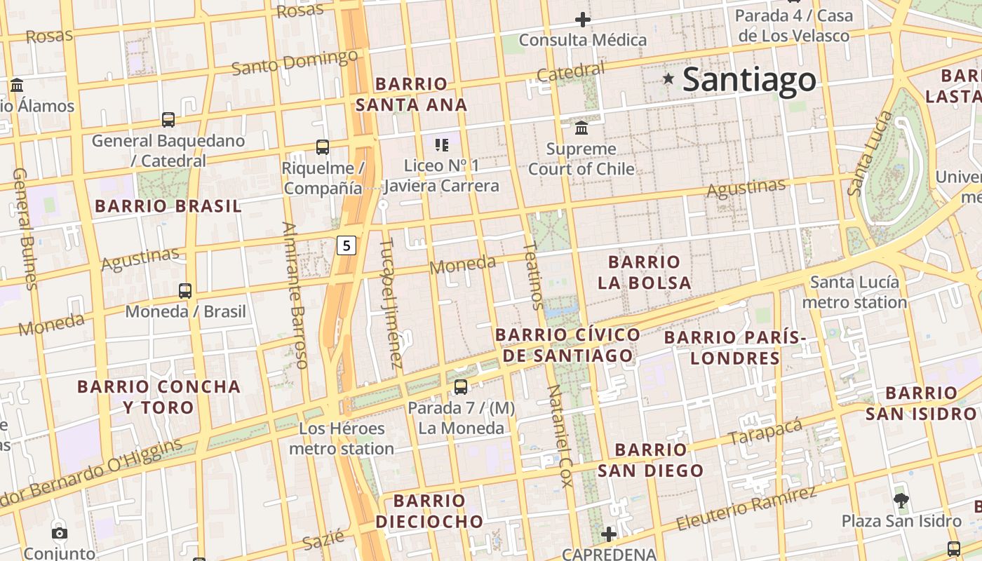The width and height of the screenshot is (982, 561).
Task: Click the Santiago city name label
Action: pos(749,79)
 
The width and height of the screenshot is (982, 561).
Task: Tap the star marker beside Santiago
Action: pos(668,79)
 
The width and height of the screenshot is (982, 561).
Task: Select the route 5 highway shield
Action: pos(347,245)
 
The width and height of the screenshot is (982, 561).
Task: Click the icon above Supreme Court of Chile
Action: pos(581,128)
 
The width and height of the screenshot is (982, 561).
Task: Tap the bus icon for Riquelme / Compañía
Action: pos(323,147)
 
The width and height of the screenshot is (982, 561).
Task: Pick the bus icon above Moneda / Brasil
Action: pos(185,290)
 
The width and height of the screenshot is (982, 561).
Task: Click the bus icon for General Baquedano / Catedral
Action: pos(168,120)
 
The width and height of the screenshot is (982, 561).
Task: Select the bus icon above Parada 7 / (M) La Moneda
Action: pos(461,387)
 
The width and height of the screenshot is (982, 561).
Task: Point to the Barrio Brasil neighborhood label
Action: pos(168,206)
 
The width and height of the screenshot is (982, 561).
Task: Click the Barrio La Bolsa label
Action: pos(644,272)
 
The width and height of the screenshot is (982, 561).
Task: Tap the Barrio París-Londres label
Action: pos(735,348)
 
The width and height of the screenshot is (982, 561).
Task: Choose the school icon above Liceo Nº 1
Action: pos(441,145)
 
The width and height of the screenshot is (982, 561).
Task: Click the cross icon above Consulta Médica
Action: pos(582,20)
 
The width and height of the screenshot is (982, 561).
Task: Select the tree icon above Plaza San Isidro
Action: pos(901,500)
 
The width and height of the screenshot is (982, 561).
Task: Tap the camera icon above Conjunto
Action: pos(60,533)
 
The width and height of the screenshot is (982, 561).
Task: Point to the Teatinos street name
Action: pos(533,275)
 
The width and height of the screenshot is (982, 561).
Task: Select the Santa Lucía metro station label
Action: pos(854,292)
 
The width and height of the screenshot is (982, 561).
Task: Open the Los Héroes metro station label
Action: pos(342,438)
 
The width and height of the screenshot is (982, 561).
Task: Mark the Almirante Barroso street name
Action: pos(295,295)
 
